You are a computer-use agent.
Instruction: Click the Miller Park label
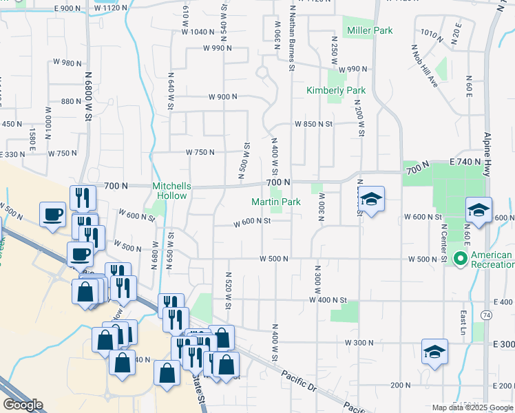[x=370, y=30]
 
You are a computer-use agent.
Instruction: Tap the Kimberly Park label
[x=336, y=90]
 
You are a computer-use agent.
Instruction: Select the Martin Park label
[x=275, y=202]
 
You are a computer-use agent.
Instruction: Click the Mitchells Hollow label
[x=169, y=191]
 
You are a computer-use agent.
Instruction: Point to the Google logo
[x=23, y=405]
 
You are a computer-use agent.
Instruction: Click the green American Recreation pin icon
[x=459, y=259]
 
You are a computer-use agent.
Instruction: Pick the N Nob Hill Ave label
[x=424, y=66]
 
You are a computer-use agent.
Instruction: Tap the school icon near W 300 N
[x=434, y=352]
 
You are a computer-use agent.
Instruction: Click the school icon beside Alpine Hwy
[x=479, y=210]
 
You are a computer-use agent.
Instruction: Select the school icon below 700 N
[x=371, y=200]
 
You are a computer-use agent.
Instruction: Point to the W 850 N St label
[x=313, y=125]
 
